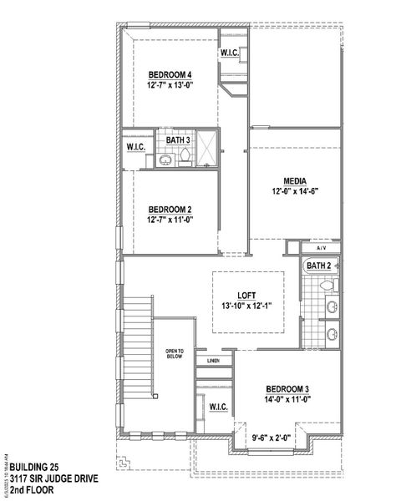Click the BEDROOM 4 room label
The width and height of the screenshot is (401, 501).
170,73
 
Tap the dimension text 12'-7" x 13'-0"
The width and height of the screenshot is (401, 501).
170,84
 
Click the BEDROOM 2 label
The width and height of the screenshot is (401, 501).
170,210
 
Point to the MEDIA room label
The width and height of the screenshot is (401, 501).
294,181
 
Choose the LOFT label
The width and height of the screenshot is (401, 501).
246,295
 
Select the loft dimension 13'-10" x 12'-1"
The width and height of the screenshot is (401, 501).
246,306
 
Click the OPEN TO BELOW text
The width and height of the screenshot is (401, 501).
174,353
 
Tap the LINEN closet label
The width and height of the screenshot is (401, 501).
213,362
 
